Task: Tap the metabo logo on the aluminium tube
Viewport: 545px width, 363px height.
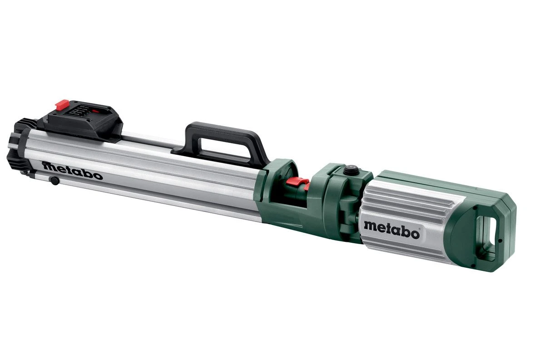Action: tap(73, 170)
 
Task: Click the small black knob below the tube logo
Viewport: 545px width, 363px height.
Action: tap(54, 181)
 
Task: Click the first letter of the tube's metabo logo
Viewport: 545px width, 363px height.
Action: tap(48, 166)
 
